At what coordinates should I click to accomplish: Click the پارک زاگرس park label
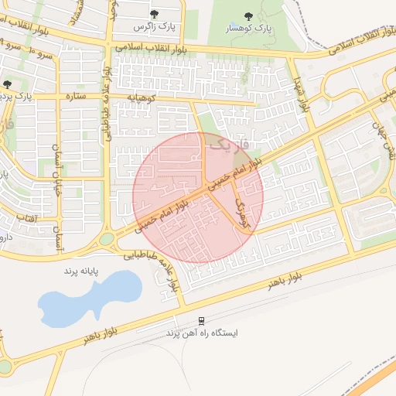[155, 27]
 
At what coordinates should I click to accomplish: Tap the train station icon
[202, 320]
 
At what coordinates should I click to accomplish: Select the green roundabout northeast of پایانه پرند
[107, 239]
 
